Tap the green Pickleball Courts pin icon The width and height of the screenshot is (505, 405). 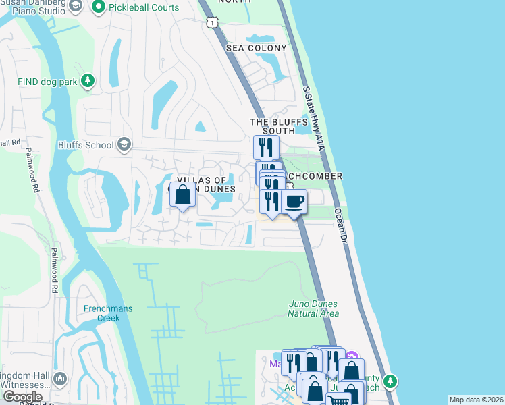pyautogui.click(x=99, y=7)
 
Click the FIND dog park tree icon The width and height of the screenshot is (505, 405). pyautogui.click(x=87, y=82)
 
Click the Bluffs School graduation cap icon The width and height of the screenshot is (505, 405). pyautogui.click(x=124, y=144)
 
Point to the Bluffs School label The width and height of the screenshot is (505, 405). pyautogui.click(x=86, y=144)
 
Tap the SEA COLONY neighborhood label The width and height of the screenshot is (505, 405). pyautogui.click(x=257, y=48)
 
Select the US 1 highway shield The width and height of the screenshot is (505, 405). pyautogui.click(x=213, y=23)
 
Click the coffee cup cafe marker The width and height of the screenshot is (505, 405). pyautogui.click(x=294, y=202)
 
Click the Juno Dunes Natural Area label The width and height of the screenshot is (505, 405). pyautogui.click(x=313, y=308)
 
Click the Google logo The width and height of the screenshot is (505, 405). pyautogui.click(x=22, y=397)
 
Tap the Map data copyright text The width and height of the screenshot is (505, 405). pyautogui.click(x=476, y=400)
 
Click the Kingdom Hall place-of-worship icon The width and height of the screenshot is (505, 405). pyautogui.click(x=59, y=379)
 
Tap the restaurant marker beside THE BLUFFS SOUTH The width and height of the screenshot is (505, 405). pyautogui.click(x=266, y=147)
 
